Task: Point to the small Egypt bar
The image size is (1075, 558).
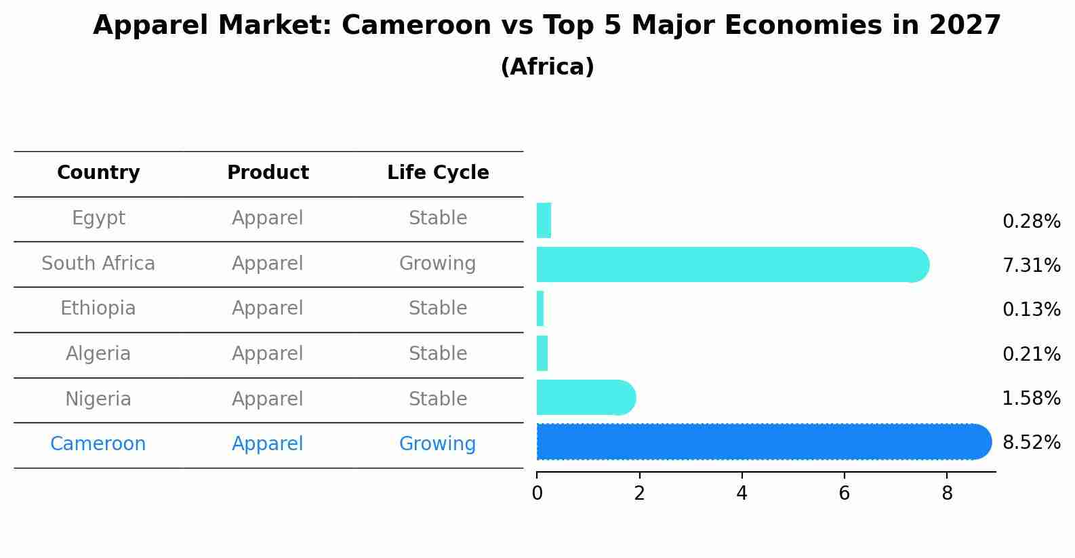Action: click(544, 220)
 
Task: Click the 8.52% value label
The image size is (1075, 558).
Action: click(1031, 443)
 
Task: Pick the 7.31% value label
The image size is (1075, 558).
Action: click(1031, 266)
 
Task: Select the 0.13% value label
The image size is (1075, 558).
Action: click(1031, 310)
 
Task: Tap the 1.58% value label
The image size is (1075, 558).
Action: click(1031, 399)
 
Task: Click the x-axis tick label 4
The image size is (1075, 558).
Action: click(742, 494)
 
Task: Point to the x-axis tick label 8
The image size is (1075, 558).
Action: click(947, 494)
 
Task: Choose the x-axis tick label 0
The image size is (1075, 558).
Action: click(537, 494)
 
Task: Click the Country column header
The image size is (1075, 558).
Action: click(98, 173)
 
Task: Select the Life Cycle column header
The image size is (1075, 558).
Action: click(438, 173)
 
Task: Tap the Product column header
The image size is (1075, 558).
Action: click(268, 173)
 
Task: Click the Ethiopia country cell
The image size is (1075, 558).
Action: click(98, 308)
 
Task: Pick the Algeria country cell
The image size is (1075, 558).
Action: click(98, 354)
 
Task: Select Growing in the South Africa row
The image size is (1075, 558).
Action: click(437, 264)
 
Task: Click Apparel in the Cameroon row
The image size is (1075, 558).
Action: click(268, 444)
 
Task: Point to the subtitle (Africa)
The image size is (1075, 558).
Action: click(547, 67)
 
